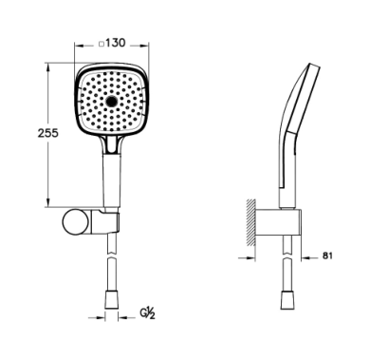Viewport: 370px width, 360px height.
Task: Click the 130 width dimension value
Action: (116, 43)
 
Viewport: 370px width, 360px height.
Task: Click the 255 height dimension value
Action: (48, 133)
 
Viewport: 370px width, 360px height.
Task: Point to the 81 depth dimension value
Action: (327, 256)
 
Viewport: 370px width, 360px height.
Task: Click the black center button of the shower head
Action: (111, 102)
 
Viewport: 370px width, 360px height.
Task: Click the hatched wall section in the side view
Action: (250, 223)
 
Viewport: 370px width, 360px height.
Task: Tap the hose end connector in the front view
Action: (111, 299)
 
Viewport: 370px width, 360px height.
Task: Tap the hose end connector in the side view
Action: (287, 299)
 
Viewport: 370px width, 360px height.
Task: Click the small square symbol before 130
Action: (102, 45)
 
